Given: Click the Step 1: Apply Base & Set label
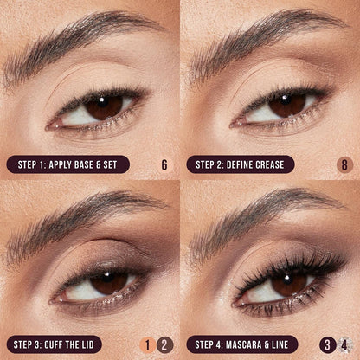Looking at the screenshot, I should point(68,164).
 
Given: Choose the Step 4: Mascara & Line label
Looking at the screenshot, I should point(243,344).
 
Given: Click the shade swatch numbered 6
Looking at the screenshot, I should point(164,164).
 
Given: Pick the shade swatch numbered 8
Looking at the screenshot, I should point(344,164).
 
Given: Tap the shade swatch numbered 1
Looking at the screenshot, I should point(148,344).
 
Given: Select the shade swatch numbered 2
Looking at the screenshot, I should point(165,344).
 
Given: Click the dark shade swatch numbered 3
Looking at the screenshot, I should point(327,344).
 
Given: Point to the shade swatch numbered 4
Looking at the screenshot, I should point(344,344).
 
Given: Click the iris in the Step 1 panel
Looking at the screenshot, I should point(104,106).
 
